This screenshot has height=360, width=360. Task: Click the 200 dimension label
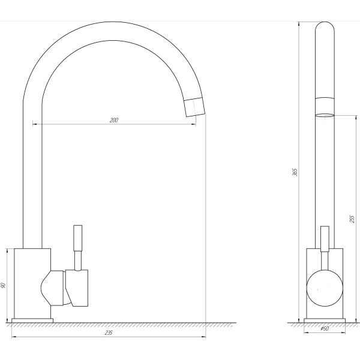tap(113, 120)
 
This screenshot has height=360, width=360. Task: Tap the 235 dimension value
tap(109, 332)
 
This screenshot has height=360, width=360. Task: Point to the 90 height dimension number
tap(3, 286)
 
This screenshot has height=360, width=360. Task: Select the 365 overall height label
tap(295, 172)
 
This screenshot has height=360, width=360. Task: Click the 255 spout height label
tap(352, 219)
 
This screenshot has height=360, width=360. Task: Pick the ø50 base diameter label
tap(325, 329)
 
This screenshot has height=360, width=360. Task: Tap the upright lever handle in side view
tap(325, 239)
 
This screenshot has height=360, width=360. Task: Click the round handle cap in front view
tap(325, 288)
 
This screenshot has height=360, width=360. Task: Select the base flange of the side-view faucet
tap(325, 320)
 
